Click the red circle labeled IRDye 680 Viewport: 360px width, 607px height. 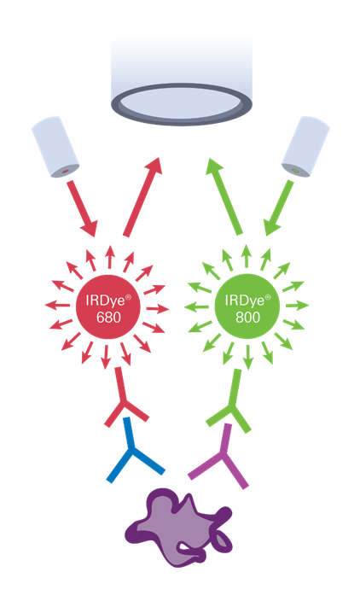coord(108,306)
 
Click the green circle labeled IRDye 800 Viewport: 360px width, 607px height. coord(247,306)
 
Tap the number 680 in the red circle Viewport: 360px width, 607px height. coord(108,318)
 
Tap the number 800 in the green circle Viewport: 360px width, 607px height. coord(248,318)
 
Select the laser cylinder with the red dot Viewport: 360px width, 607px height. coord(55,147)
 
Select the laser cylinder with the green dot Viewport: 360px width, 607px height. coord(305,147)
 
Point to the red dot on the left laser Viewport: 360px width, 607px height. coord(66,171)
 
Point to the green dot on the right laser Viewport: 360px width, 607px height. coord(297,170)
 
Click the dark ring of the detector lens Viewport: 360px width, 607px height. coord(182,120)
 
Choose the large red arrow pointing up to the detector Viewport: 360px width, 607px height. coord(142,196)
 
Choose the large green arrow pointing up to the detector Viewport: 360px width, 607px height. coord(224,196)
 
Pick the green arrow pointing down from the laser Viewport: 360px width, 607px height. coord(279,208)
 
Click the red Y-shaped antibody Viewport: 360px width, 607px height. coord(124,403)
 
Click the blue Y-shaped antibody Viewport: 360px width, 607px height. coord(132,451)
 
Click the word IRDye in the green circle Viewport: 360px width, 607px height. coord(244,301)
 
